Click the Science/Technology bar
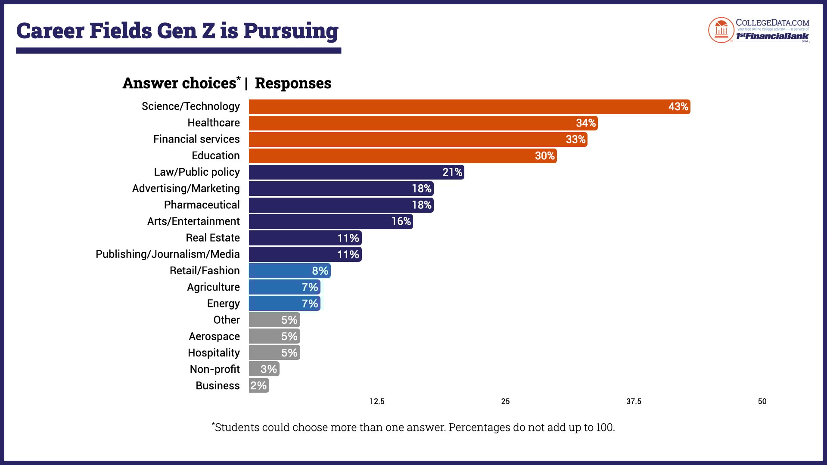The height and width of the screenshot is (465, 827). [469, 107]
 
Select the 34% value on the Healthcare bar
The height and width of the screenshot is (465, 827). [586, 123]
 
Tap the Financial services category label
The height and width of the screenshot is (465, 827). [196, 139]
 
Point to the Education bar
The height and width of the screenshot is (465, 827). [403, 156]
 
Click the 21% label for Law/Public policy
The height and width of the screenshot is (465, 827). [452, 172]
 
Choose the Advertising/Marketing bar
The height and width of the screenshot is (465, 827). [341, 189]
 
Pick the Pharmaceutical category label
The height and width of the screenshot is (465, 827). [202, 205]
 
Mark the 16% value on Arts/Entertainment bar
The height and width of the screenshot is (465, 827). [401, 221]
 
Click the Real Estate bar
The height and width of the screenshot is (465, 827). [305, 238]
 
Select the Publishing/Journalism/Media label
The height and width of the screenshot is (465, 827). [168, 254]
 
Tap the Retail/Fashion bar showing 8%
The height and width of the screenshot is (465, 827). [289, 271]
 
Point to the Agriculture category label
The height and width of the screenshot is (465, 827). [213, 287]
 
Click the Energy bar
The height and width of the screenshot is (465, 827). [284, 304]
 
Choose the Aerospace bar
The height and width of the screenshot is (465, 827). [274, 336]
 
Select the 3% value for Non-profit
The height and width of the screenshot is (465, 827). [269, 369]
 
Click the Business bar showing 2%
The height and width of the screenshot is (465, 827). [259, 385]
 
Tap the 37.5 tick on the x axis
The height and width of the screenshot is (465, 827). [634, 401]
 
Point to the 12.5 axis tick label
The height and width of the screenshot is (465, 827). [377, 401]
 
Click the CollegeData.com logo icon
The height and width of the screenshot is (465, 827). [721, 30]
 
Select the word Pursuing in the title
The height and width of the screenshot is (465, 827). [291, 31]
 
